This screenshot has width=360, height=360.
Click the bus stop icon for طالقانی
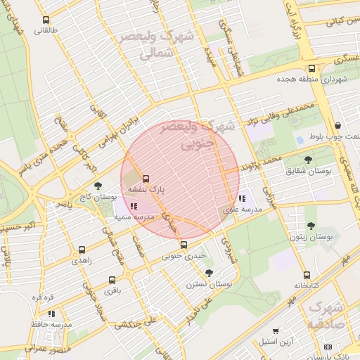pyautogui.click(x=46, y=20)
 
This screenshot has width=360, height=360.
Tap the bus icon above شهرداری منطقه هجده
pyautogui.click(x=311, y=68)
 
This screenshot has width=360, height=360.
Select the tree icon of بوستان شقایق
pyautogui.click(x=309, y=160)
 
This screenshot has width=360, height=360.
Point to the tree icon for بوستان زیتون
pyautogui.click(x=311, y=226)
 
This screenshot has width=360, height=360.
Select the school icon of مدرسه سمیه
pyautogui.click(x=134, y=206)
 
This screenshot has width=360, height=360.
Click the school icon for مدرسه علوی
pyautogui.click(x=242, y=199)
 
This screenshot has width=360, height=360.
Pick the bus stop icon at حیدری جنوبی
pyautogui.click(x=184, y=245)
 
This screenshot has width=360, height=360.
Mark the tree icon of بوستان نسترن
pyautogui.click(x=209, y=273)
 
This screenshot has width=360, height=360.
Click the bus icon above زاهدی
pyautogui.click(x=82, y=250)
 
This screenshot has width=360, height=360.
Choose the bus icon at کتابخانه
pyautogui.click(x=307, y=275)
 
